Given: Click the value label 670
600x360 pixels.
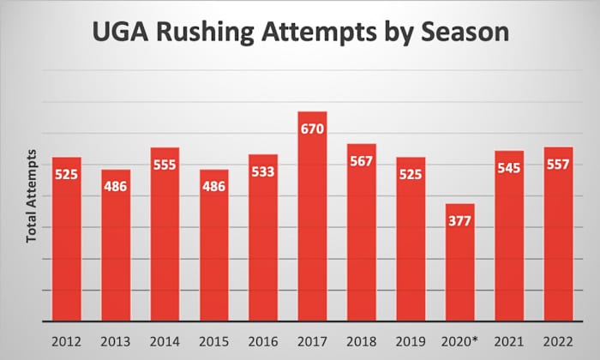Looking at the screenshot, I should [312, 130].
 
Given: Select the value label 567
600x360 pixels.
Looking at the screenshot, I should [361, 162].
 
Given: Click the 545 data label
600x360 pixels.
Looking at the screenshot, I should [508, 169].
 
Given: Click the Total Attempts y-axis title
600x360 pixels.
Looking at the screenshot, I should [31, 196].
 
